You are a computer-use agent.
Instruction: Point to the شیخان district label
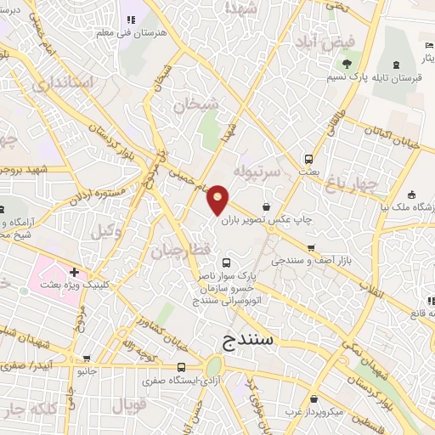[x=195, y=105]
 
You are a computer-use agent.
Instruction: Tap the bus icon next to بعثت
[x=308, y=157]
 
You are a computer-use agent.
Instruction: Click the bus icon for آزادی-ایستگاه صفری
[x=181, y=368]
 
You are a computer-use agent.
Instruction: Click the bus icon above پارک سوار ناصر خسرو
[x=225, y=262]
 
